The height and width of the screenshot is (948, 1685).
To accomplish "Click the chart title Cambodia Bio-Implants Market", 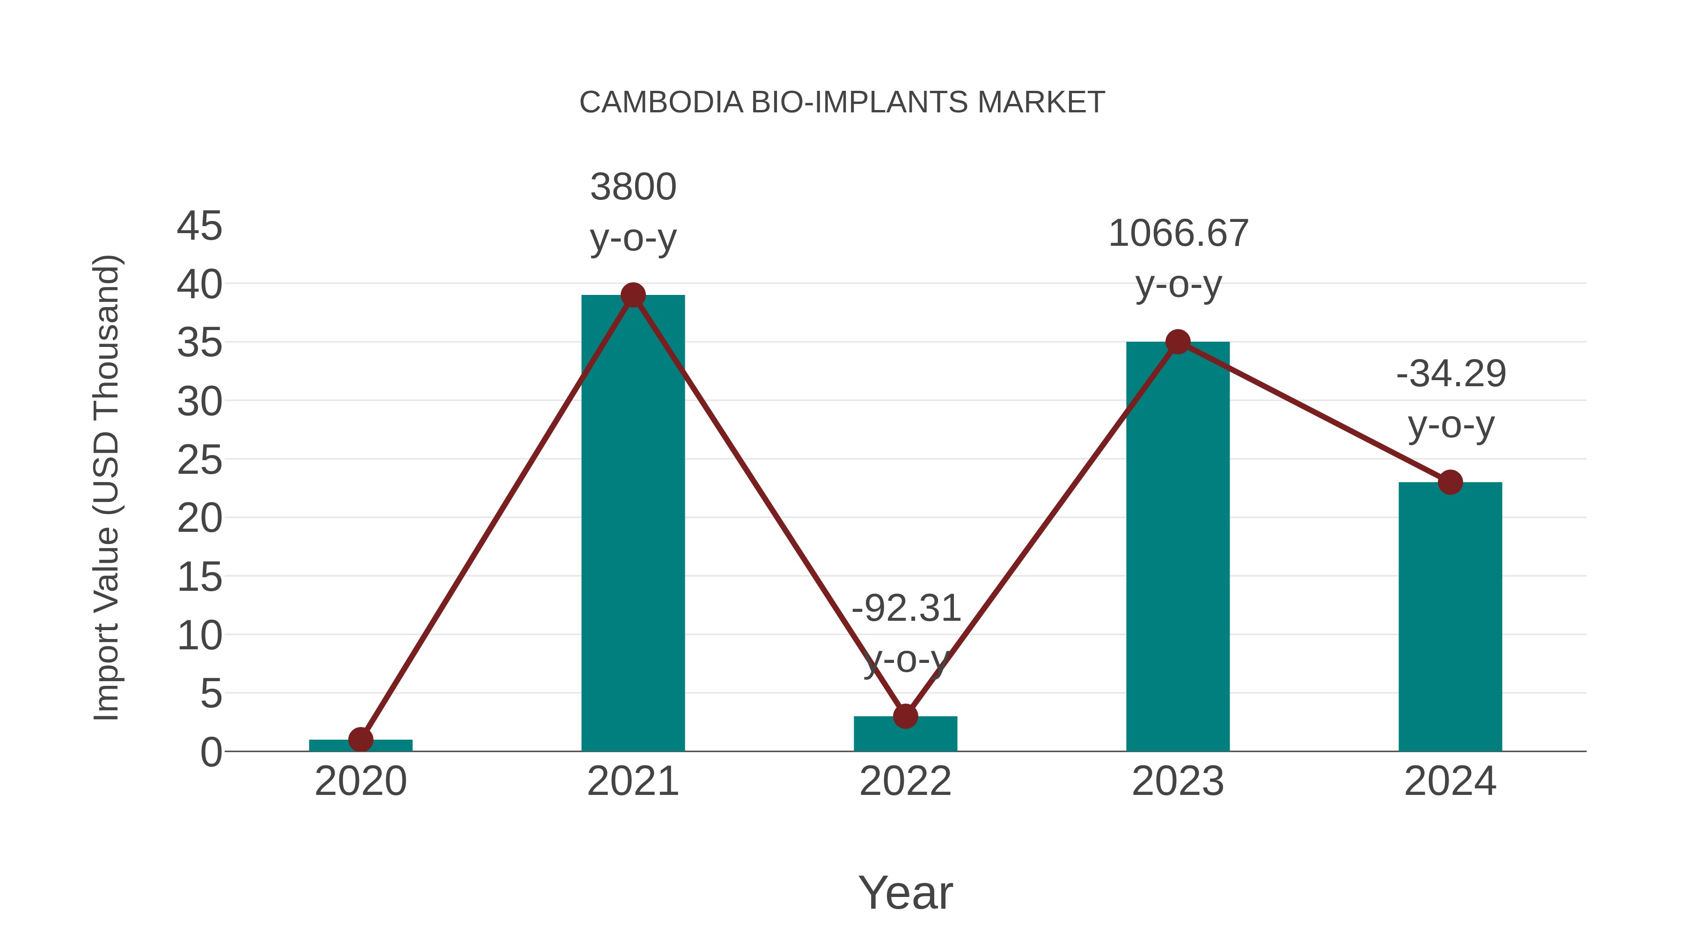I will (842, 103).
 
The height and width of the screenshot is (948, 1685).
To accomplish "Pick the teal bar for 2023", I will (1178, 550).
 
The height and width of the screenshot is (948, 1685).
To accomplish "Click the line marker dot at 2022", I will (905, 716).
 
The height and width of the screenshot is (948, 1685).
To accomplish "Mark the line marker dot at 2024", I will (1450, 483).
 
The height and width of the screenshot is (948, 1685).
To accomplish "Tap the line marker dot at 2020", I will (360, 740).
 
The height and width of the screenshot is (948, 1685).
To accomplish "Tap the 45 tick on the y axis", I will (199, 227).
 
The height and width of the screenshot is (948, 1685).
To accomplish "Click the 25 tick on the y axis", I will (199, 461).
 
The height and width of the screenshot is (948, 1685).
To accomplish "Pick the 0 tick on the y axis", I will (211, 752).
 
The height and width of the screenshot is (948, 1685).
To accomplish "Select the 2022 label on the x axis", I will (905, 781).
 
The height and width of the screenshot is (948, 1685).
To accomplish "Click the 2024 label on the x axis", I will (1450, 781).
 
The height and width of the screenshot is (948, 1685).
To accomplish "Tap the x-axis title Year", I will (905, 893).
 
